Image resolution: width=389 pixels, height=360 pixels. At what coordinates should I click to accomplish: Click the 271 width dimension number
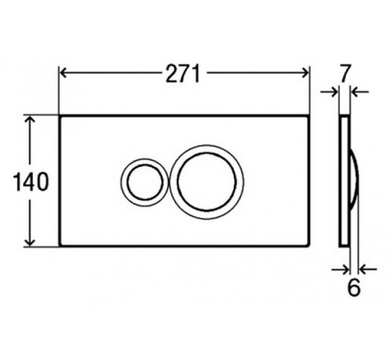(x=183, y=74)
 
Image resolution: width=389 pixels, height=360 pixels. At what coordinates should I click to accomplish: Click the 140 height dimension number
(x=31, y=182)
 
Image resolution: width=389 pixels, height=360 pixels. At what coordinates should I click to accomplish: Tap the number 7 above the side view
(x=344, y=73)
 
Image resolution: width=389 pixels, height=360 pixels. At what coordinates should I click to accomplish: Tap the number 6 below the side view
(x=354, y=287)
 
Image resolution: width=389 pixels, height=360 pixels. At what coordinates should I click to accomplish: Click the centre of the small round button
(x=145, y=182)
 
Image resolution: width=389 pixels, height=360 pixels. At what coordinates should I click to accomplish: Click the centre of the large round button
(x=207, y=182)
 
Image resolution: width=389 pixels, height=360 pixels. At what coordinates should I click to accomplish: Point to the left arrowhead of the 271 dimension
(x=63, y=73)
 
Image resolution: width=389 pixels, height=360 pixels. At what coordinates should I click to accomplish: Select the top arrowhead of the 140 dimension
(x=30, y=120)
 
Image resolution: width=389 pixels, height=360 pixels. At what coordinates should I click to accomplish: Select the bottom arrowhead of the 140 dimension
(x=30, y=242)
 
